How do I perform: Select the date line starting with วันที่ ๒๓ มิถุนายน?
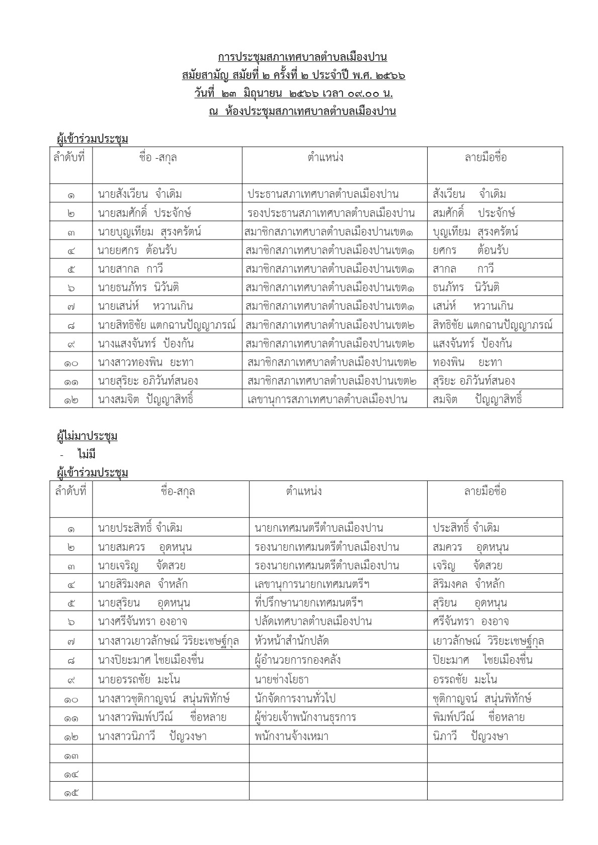(293, 93)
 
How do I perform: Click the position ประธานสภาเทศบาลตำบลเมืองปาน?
(323, 194)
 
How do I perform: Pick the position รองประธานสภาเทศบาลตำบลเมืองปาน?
(331, 213)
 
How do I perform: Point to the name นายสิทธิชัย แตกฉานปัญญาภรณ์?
(167, 325)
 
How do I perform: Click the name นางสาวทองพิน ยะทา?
(146, 363)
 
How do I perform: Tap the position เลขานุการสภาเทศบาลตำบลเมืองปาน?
(327, 400)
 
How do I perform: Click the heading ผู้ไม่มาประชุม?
(87, 436)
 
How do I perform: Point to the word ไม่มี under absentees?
(86, 454)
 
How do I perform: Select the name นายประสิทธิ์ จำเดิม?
(140, 528)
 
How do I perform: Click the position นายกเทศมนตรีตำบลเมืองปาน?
(319, 528)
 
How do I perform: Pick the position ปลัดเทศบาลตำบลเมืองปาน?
(313, 622)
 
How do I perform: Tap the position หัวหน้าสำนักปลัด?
(292, 641)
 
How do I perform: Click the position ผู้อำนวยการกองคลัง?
(298, 660)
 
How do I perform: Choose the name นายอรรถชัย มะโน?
(139, 680)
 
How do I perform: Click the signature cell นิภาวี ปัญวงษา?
(470, 737)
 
